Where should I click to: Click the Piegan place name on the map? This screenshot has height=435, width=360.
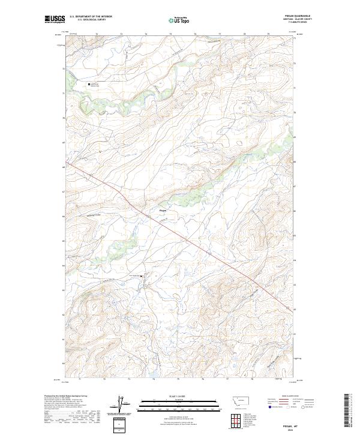coord(163,210)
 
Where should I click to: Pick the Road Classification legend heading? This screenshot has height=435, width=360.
coord(291,396)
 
